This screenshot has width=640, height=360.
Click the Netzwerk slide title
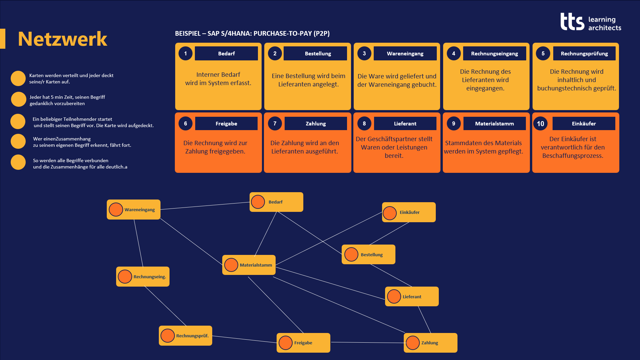[x=62, y=39]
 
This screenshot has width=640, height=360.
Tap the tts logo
[x=591, y=22]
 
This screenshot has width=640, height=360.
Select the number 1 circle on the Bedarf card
[x=186, y=53]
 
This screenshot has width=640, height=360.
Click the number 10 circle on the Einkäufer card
[x=540, y=123]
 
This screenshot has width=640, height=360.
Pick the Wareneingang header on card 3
[x=405, y=53]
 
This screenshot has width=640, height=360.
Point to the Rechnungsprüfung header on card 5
[x=584, y=53]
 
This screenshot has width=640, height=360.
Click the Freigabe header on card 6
[x=226, y=123]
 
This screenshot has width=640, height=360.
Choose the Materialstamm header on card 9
[x=495, y=123]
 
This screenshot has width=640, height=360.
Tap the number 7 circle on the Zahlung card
[x=275, y=123]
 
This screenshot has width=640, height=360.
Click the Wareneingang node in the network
[x=133, y=210]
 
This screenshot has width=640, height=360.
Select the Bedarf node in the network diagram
[x=276, y=202]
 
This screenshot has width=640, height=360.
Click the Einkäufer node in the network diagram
[x=409, y=212]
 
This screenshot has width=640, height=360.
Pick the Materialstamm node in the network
[x=249, y=265]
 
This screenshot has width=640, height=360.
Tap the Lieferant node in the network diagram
[x=412, y=296]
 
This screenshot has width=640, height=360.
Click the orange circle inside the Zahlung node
[x=413, y=343]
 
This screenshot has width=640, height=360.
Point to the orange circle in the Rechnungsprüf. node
[x=168, y=336]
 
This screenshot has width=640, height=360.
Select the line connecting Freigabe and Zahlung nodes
[x=367, y=342]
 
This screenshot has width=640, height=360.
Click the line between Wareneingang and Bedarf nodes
[x=205, y=206]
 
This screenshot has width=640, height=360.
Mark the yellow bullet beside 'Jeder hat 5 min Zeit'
[x=18, y=99]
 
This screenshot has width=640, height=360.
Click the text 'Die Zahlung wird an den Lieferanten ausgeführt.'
[x=305, y=147]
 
